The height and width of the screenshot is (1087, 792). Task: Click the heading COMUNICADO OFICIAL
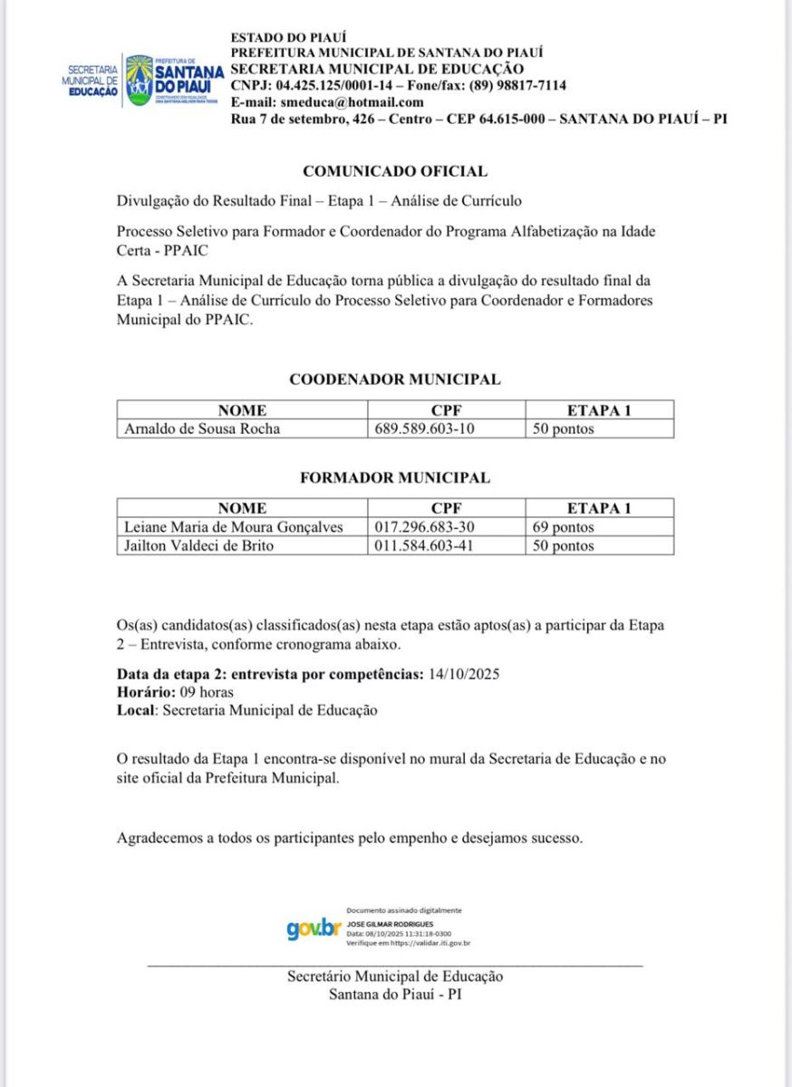click(x=395, y=171)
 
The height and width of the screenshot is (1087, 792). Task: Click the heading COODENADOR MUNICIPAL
click(x=395, y=380)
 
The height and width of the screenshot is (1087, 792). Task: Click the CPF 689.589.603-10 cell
click(x=425, y=429)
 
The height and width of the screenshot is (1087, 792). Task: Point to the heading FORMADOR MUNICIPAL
click(x=395, y=478)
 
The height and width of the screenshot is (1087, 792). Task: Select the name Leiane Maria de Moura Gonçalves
click(x=233, y=527)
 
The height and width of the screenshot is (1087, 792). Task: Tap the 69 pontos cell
click(x=564, y=527)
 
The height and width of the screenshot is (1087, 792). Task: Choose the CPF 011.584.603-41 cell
click(x=425, y=546)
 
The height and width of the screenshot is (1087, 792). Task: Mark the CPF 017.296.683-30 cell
click(x=425, y=527)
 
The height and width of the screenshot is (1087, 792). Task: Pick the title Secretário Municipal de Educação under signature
click(x=395, y=976)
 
